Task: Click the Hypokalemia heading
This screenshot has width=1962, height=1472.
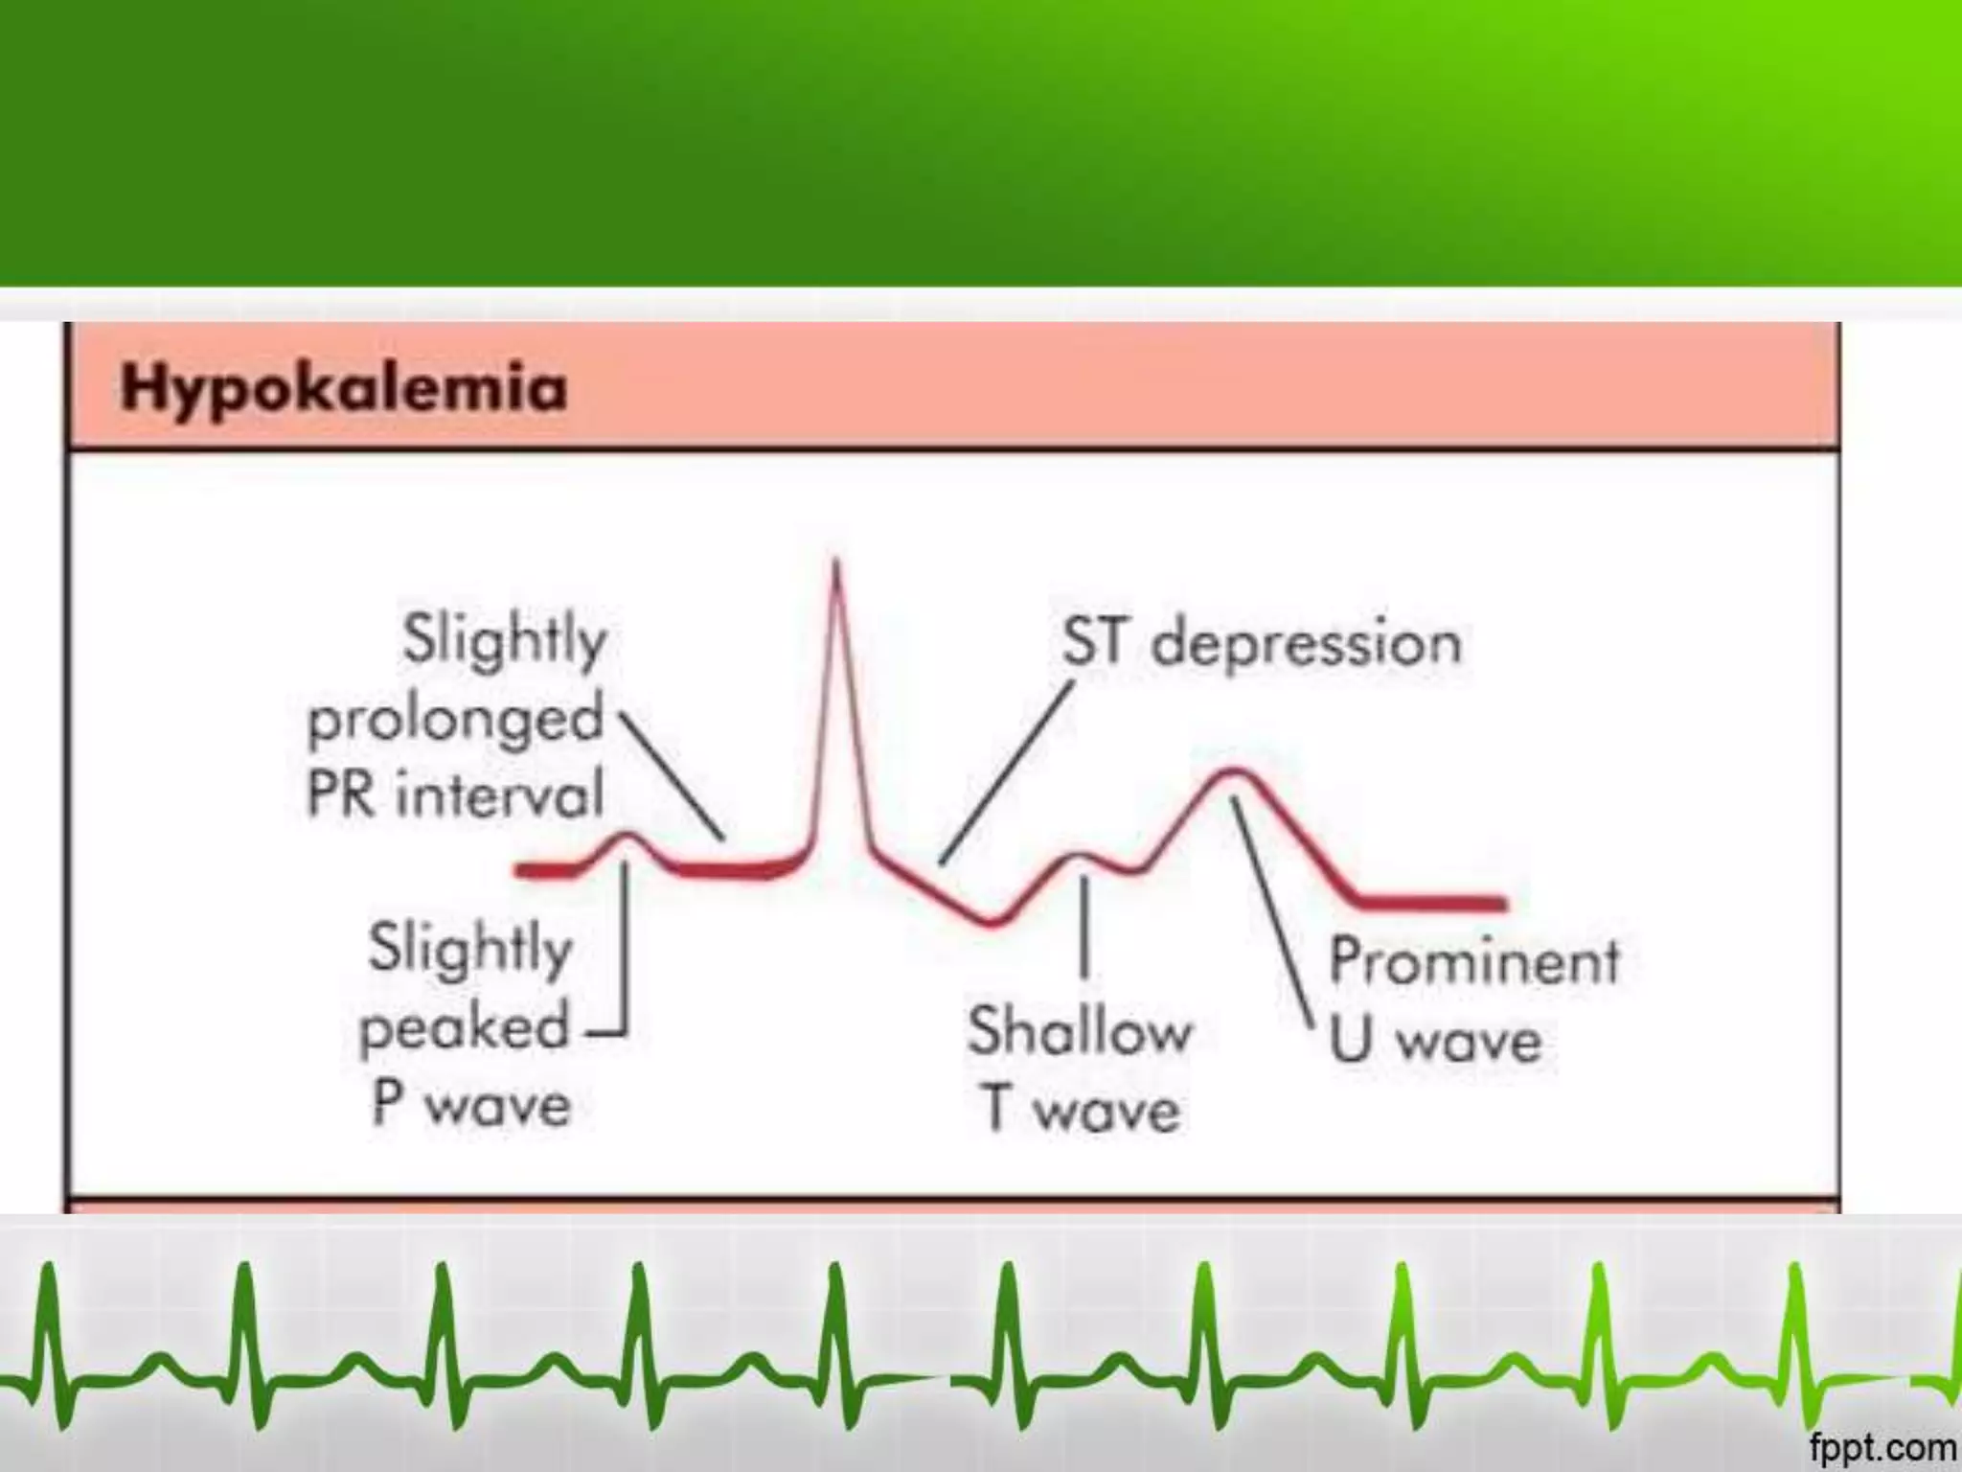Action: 344,389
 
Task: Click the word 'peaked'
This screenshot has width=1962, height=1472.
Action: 465,1028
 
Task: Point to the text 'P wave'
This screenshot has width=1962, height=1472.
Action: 471,1105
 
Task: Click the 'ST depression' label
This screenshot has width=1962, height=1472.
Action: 1262,642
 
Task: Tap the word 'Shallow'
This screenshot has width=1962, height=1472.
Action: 1080,1032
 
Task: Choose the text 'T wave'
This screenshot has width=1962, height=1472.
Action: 1080,1110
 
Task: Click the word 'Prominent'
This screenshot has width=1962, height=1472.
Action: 1474,961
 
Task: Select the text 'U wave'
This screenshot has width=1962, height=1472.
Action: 1435,1040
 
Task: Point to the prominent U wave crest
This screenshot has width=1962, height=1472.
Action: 1233,772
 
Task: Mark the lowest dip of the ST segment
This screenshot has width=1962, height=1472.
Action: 993,922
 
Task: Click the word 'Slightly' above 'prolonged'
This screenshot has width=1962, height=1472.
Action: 505,640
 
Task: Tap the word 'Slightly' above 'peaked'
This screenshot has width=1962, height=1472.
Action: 470,949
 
